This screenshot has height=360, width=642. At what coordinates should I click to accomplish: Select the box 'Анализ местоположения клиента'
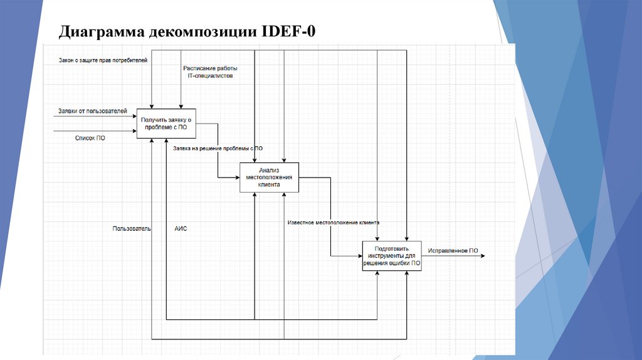[x=269, y=177]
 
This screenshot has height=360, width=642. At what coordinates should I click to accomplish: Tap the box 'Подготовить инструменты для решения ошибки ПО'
[x=392, y=255]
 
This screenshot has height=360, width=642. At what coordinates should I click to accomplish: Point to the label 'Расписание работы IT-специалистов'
[x=210, y=71]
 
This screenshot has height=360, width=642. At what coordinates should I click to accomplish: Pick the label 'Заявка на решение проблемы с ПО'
[x=218, y=149]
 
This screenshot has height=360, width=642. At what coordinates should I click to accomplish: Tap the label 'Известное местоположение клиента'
[x=333, y=223]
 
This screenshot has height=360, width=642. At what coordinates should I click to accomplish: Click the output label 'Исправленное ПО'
[x=453, y=251]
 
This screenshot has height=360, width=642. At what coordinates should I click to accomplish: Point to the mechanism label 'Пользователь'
[x=132, y=229]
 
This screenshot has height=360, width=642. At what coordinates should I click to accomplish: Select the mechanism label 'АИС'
[x=181, y=229]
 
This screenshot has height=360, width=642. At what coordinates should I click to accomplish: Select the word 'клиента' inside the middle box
[x=269, y=185]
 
